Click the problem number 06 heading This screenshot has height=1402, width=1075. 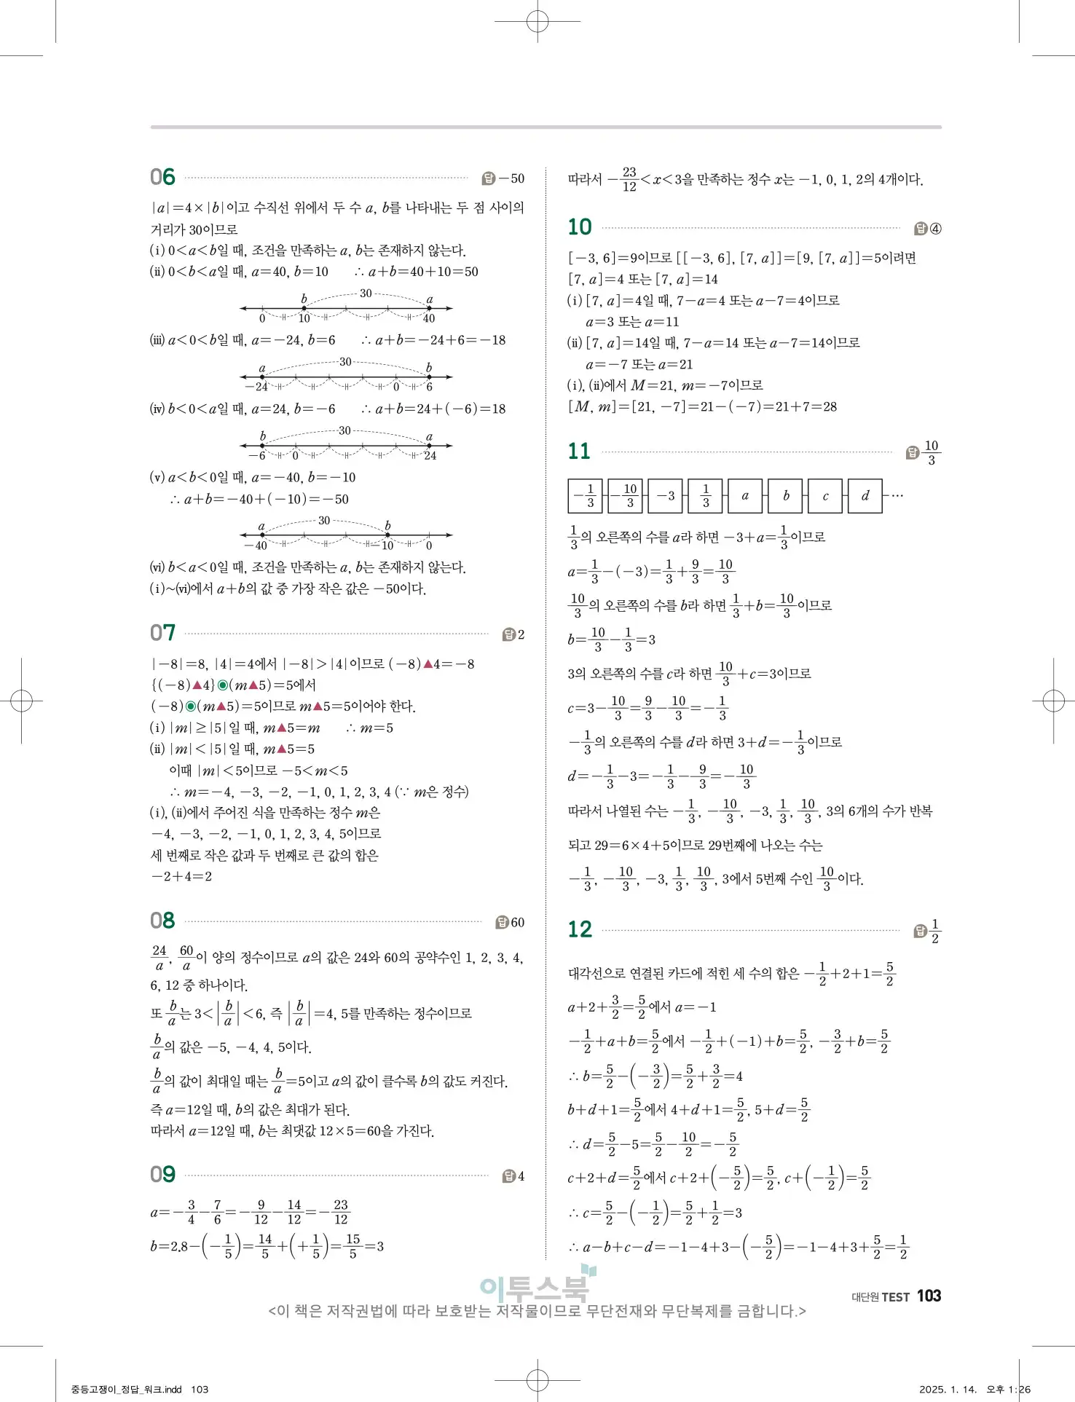point(162,177)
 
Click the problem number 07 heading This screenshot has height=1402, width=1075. point(162,633)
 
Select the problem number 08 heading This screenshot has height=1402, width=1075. point(162,921)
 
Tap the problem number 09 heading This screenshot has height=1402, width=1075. point(162,1174)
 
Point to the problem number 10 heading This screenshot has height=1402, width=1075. point(580,227)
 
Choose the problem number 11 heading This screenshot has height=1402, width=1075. point(579,452)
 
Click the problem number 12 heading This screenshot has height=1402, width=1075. point(580,929)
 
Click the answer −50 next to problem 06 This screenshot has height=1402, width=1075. point(511,178)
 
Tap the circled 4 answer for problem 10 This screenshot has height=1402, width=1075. point(935,229)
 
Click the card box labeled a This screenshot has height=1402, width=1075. point(745,496)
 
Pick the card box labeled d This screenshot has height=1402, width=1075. point(865,496)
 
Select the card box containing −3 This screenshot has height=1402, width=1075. point(666,496)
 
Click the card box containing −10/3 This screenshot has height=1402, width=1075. point(626,496)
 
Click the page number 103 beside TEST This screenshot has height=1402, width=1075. point(929,1296)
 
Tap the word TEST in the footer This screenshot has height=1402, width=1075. point(895,1297)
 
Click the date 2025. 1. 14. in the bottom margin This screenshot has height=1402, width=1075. point(948,1389)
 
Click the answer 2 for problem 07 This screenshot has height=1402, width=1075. point(521,634)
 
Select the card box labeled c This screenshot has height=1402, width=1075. point(825,496)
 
